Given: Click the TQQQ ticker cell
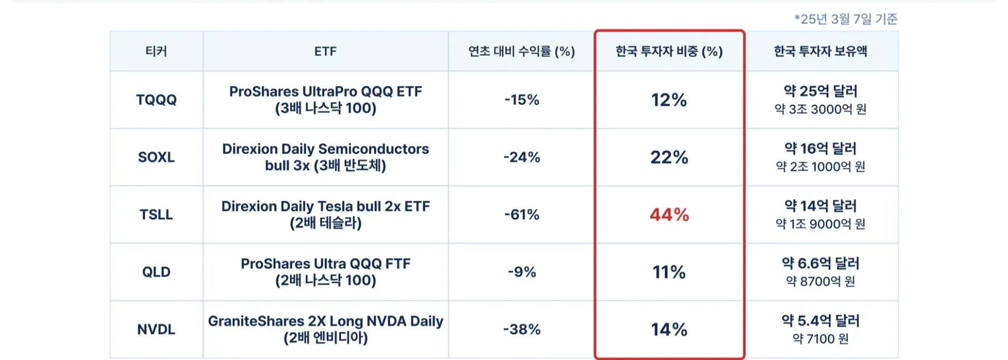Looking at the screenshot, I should pyautogui.click(x=156, y=100).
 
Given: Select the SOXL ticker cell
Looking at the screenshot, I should pyautogui.click(x=156, y=157).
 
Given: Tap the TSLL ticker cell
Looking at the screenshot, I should pyautogui.click(x=156, y=215).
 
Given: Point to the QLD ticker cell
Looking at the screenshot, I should pyautogui.click(x=156, y=272).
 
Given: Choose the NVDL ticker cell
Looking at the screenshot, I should pyautogui.click(x=156, y=330).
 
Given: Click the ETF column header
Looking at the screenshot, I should pyautogui.click(x=325, y=51).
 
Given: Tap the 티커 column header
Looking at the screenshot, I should pyautogui.click(x=156, y=51).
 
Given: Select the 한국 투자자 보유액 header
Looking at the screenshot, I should pyautogui.click(x=820, y=51).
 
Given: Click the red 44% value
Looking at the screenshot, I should pyautogui.click(x=669, y=215).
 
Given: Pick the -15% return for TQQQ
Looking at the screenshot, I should pyautogui.click(x=522, y=100).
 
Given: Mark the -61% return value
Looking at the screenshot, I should pyautogui.click(x=522, y=215).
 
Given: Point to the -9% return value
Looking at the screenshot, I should pyautogui.click(x=522, y=272).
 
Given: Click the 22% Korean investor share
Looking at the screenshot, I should pyautogui.click(x=669, y=157).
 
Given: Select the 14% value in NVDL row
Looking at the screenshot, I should pyautogui.click(x=669, y=330).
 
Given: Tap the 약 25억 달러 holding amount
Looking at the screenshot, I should pyautogui.click(x=820, y=91).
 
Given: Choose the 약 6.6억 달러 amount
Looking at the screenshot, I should pyautogui.click(x=820, y=264).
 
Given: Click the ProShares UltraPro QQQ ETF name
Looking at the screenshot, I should pyautogui.click(x=325, y=92).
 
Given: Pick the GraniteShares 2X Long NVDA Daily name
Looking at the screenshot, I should pyautogui.click(x=325, y=321).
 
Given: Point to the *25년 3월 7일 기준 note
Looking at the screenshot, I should pyautogui.click(x=846, y=19).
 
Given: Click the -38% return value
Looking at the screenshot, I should pyautogui.click(x=522, y=330).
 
